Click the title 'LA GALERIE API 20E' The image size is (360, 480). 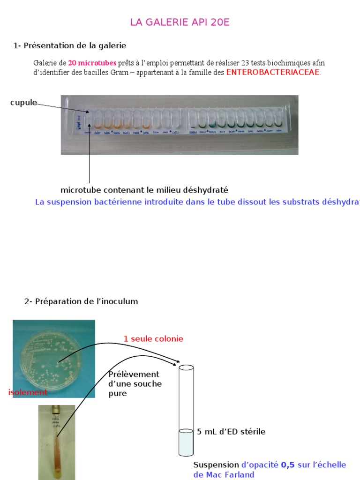180,22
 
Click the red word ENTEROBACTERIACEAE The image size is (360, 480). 273,72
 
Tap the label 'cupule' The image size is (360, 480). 23,103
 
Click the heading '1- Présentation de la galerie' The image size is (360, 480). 70,45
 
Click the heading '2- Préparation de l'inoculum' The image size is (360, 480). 81,301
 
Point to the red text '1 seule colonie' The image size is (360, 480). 153,338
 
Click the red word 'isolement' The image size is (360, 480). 28,392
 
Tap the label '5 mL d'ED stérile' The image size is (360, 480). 231,431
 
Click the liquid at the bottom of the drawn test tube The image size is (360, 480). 186,442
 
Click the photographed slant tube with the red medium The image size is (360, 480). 57,441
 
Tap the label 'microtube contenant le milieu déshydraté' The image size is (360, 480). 144,190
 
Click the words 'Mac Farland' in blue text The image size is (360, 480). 231,474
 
